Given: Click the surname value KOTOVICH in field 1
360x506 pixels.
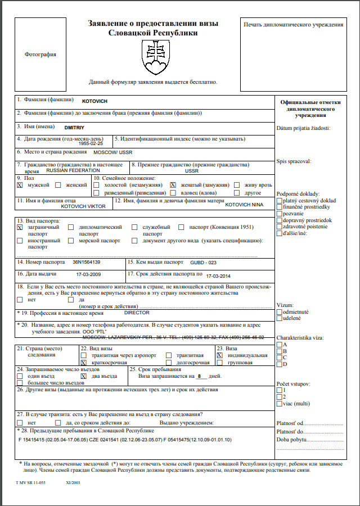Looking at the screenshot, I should [94, 101].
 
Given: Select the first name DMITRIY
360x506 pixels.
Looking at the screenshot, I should [75, 128].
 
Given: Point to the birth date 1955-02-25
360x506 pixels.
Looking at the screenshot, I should [91, 144].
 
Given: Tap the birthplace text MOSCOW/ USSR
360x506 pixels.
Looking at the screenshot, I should [112, 152].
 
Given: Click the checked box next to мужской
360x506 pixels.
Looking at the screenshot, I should [20, 185].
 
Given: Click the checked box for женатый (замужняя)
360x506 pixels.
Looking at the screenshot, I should [173, 185].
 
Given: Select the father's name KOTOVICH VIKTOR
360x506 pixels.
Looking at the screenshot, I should [83, 206].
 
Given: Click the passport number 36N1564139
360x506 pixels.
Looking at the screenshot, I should [87, 262].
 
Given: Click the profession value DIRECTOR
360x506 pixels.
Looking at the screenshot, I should [137, 312].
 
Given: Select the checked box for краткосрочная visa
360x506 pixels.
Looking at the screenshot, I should [84, 363].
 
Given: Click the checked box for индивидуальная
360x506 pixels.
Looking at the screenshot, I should [220, 355].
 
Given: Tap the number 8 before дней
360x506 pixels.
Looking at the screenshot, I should [199, 376].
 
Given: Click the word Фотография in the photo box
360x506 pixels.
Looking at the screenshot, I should [40, 55].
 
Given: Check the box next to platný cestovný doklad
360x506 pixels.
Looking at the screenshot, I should [280, 201].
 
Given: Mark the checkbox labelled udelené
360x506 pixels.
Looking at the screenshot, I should [280, 318].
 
